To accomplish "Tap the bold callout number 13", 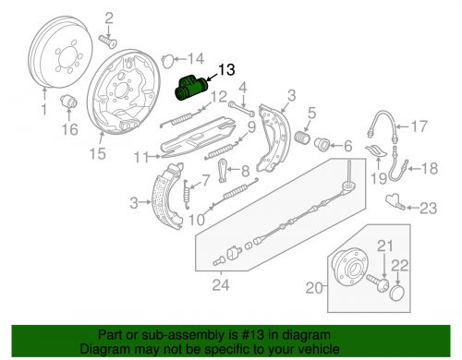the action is (x=226, y=70).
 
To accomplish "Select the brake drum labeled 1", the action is (x=60, y=52).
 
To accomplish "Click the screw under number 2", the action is (x=107, y=42).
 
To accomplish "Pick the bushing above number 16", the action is (x=68, y=101).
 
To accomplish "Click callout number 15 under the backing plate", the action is (x=98, y=153).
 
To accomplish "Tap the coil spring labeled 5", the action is (x=302, y=138).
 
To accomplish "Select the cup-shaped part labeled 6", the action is (x=322, y=145).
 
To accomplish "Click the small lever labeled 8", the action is (x=223, y=170).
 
